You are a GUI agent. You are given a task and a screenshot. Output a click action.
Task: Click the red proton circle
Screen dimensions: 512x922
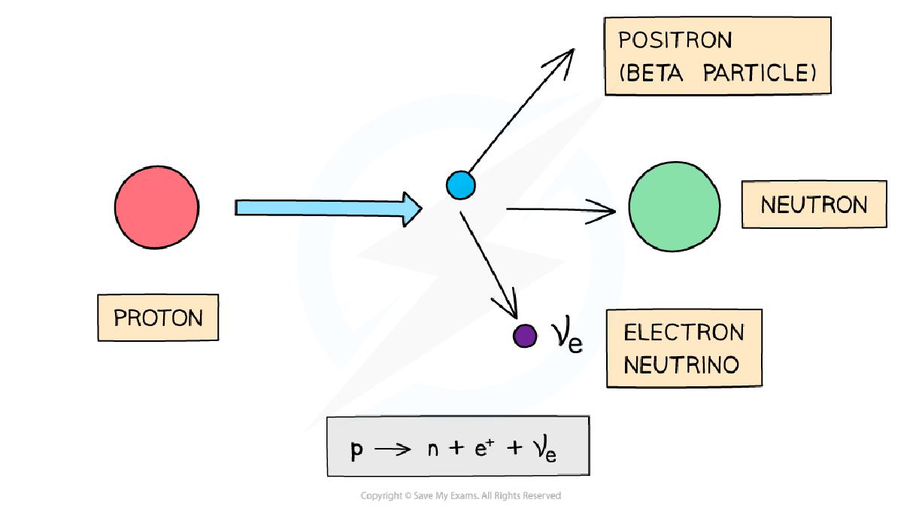pos(156,207)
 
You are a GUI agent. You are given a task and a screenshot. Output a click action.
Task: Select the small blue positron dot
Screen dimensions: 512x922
pos(460,184)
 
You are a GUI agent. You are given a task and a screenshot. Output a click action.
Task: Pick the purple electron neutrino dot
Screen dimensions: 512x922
pos(525,336)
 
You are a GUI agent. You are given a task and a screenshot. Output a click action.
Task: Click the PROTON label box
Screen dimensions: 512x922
pos(158,318)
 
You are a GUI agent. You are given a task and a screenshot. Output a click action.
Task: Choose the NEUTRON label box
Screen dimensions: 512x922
pos(814,205)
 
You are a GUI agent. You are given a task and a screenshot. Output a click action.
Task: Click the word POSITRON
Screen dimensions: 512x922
pos(675,41)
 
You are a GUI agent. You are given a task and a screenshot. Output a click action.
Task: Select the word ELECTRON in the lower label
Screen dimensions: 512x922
pos(684,333)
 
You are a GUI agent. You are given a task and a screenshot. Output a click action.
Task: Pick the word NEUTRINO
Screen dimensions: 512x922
pos(681,365)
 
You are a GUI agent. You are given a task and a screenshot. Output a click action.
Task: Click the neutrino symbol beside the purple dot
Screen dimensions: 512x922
pos(568,337)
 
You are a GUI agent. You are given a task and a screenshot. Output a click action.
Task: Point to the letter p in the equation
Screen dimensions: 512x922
pos(356,450)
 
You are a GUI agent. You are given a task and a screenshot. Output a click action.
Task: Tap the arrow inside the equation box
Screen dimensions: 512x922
pos(393,450)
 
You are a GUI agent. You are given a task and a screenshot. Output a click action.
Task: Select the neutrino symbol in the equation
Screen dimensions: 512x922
pos(545,450)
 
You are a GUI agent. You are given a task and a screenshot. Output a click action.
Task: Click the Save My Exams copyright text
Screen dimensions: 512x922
pos(460,495)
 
